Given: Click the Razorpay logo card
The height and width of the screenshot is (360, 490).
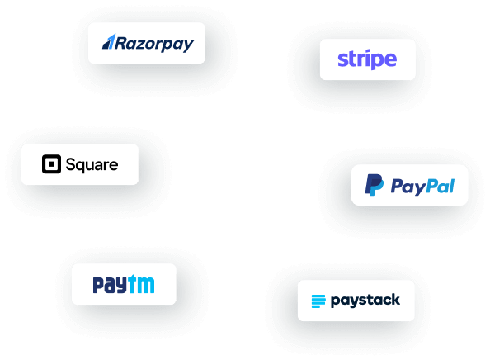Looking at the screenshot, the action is (147, 43).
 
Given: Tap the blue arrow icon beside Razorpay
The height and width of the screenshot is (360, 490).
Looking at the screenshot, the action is (109, 41).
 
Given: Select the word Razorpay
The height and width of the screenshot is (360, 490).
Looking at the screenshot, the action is (154, 44).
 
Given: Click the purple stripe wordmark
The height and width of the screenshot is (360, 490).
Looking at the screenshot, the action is (367, 59).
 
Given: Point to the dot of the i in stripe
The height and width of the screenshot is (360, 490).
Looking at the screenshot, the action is (364, 51).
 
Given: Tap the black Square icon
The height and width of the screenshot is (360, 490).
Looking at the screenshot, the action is (52, 163).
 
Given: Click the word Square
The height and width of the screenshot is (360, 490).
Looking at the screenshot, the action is (92, 165).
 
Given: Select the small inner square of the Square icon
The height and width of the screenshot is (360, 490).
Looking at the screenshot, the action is (52, 163).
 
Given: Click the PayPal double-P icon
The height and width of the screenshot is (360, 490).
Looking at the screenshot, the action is (374, 185).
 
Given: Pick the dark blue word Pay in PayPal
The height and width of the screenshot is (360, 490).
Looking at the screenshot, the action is (408, 187).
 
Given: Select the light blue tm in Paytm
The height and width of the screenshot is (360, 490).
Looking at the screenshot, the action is (141, 284).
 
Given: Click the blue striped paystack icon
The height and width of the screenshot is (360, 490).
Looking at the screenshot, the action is (318, 301).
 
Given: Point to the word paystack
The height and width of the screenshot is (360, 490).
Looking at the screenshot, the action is (365, 301).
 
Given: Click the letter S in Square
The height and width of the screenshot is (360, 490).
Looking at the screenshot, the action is (71, 164).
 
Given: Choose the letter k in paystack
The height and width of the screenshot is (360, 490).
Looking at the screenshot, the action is (395, 300).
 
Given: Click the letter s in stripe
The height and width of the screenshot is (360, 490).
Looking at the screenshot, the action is (342, 59).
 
